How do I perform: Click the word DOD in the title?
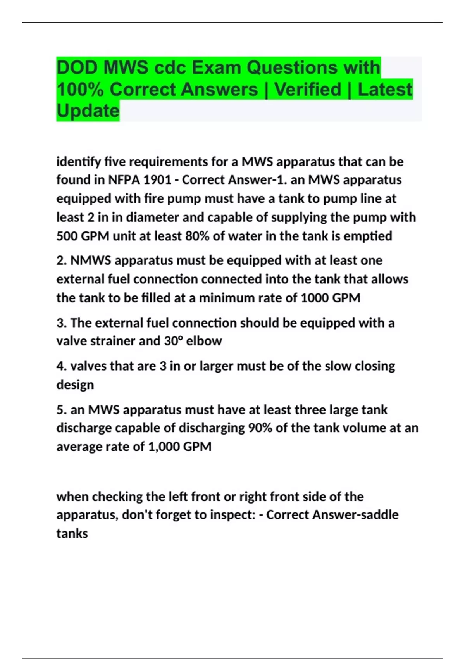(x=77, y=68)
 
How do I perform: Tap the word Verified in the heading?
(x=308, y=90)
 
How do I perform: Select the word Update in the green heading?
(x=88, y=111)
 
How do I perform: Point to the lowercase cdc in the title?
(x=170, y=68)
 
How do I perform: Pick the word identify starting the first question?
(x=78, y=162)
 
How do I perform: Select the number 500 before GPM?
(x=67, y=236)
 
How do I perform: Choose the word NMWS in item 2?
(x=91, y=260)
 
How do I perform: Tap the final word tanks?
(x=72, y=533)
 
